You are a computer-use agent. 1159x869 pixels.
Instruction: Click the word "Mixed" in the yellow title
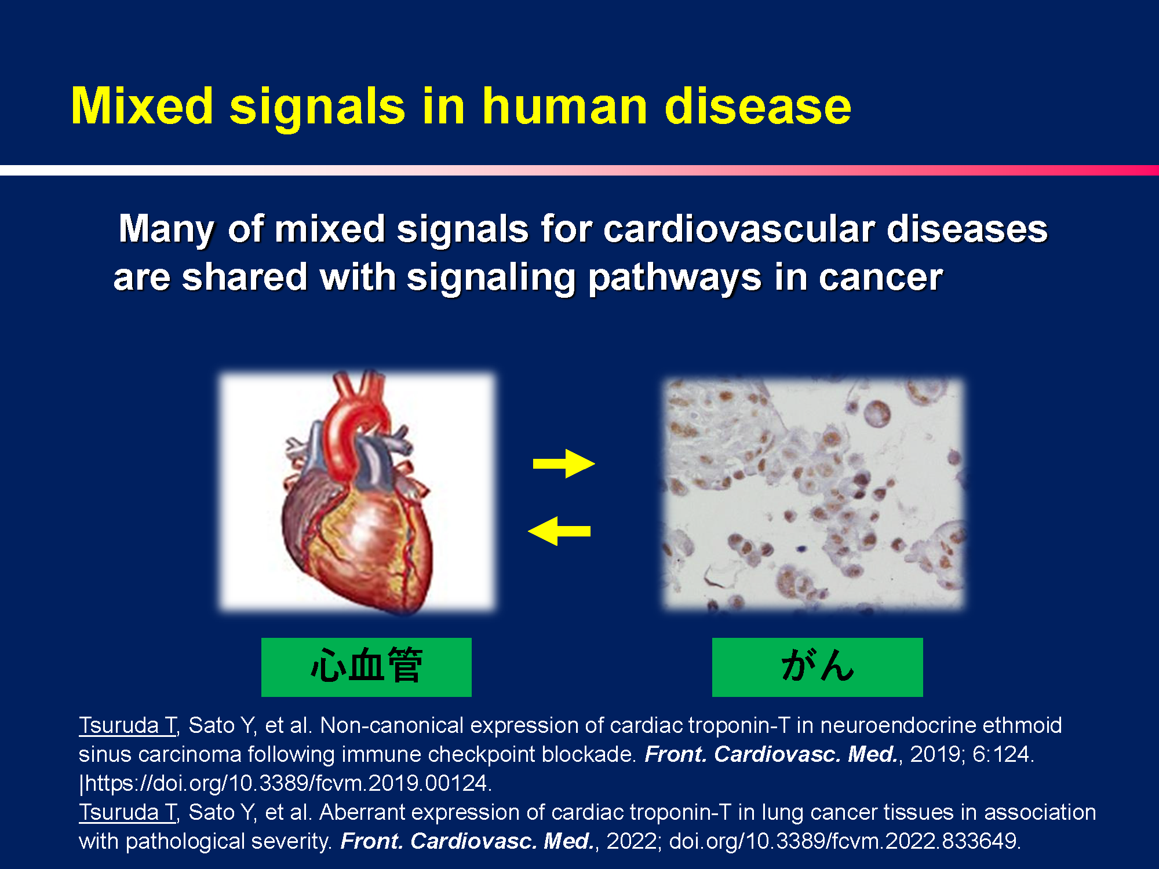[x=143, y=106]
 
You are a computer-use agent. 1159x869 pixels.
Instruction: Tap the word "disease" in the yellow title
[x=758, y=106]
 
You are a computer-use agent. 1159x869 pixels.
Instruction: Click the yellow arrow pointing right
[x=564, y=463]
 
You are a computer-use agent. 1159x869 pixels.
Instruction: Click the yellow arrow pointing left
[x=559, y=531]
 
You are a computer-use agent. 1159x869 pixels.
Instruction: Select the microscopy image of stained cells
[x=814, y=494]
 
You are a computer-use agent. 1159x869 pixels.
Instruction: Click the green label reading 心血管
[x=366, y=667]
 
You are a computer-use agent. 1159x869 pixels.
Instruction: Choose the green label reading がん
[x=817, y=667]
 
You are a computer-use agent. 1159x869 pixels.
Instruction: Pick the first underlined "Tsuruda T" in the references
[x=127, y=725]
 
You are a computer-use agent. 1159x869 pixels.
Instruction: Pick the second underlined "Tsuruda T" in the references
[x=127, y=812]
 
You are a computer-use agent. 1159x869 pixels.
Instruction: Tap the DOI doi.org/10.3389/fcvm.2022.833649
[x=845, y=841]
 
